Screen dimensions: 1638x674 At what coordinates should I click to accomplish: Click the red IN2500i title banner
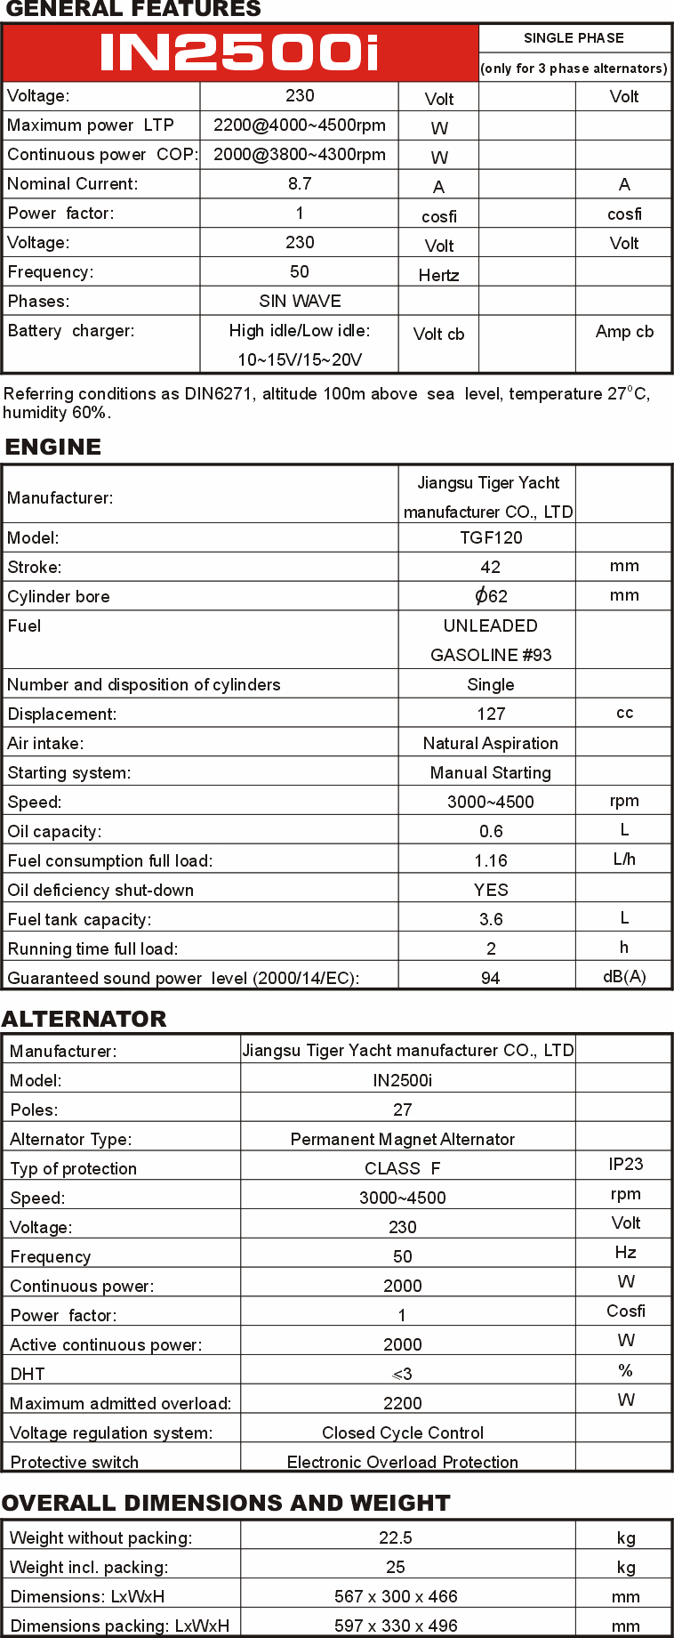click(x=240, y=53)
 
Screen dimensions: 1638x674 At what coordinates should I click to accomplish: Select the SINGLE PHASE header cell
click(x=574, y=38)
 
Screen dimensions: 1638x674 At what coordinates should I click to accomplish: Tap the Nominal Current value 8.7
click(x=300, y=184)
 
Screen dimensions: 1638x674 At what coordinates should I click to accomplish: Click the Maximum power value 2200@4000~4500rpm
click(x=300, y=125)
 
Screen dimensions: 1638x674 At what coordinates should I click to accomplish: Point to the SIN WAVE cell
click(x=300, y=302)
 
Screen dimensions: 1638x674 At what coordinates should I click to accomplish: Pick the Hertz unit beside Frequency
click(x=438, y=275)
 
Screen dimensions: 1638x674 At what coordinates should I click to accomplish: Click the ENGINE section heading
click(x=53, y=447)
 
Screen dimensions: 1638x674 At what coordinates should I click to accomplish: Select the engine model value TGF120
click(x=491, y=537)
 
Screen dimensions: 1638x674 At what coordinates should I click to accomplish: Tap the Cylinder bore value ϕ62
click(x=491, y=596)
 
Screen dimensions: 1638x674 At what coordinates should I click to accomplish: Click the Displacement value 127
click(x=491, y=714)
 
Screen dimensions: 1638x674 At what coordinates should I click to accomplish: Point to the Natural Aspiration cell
click(x=491, y=743)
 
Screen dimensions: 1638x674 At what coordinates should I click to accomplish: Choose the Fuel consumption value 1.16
click(x=491, y=860)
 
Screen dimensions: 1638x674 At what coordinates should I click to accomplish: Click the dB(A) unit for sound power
click(x=624, y=976)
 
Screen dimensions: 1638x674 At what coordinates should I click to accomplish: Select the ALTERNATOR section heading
click(x=84, y=1019)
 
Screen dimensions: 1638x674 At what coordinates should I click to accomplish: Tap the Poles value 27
click(x=403, y=1109)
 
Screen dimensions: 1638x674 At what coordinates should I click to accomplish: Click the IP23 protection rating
click(x=626, y=1165)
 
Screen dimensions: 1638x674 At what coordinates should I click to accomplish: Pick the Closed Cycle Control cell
click(x=403, y=1432)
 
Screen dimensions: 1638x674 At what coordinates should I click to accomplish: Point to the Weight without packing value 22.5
click(x=396, y=1537)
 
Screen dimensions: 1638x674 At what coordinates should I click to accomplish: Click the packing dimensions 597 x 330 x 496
click(x=396, y=1626)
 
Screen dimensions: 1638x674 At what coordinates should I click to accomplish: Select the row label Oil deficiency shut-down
click(x=100, y=890)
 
